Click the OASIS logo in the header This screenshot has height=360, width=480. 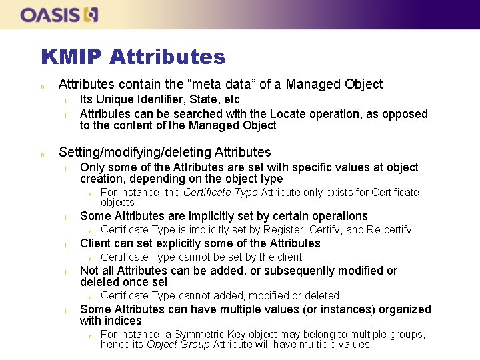click(59, 15)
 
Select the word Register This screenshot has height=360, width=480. click(285, 230)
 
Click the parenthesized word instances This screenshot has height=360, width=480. click(300, 309)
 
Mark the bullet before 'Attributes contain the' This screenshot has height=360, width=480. click(43, 86)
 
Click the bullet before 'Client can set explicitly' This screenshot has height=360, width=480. click(65, 245)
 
